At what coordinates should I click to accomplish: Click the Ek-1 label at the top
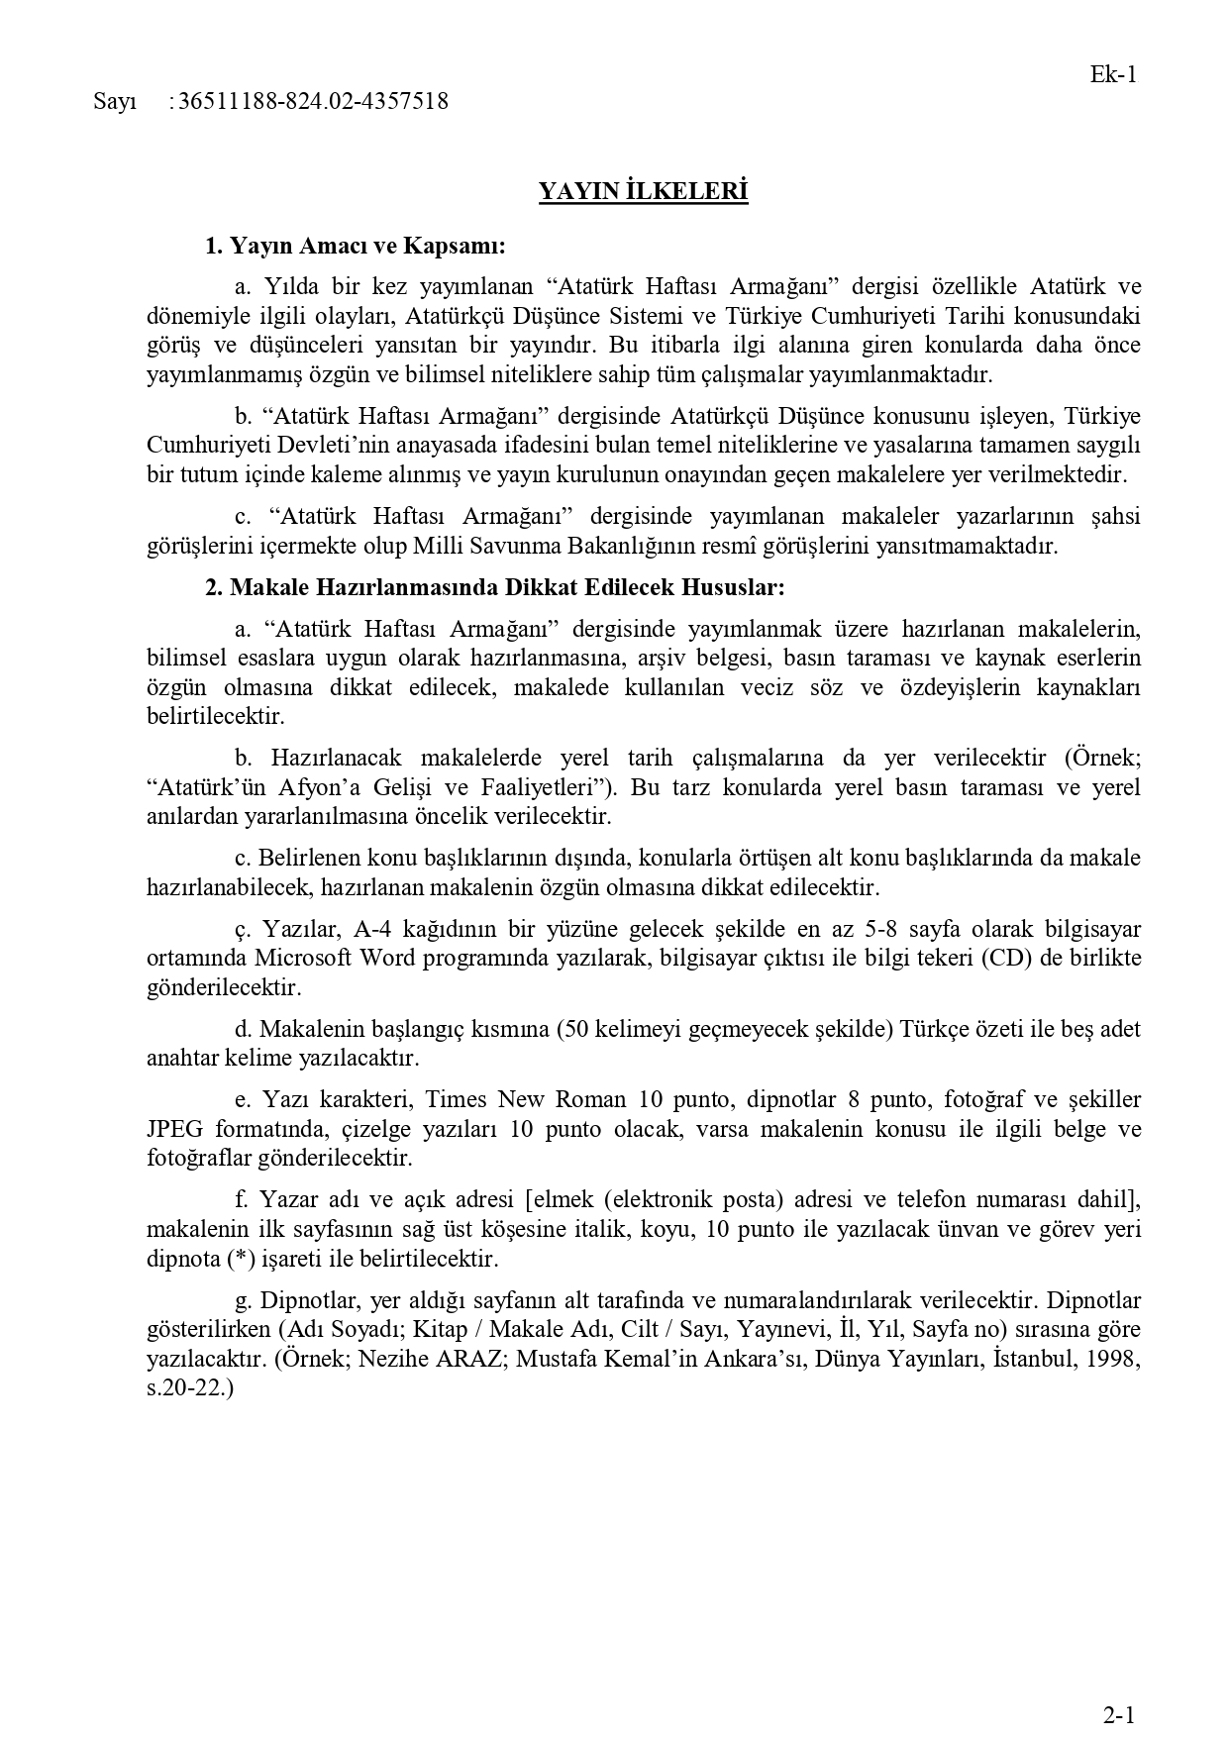[x=1112, y=74]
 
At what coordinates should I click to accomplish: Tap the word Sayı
[x=114, y=101]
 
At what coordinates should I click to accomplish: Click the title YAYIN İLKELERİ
[x=643, y=191]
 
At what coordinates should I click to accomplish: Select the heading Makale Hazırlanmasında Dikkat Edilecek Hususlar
[x=494, y=587]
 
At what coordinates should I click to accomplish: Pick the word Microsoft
[x=304, y=959]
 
